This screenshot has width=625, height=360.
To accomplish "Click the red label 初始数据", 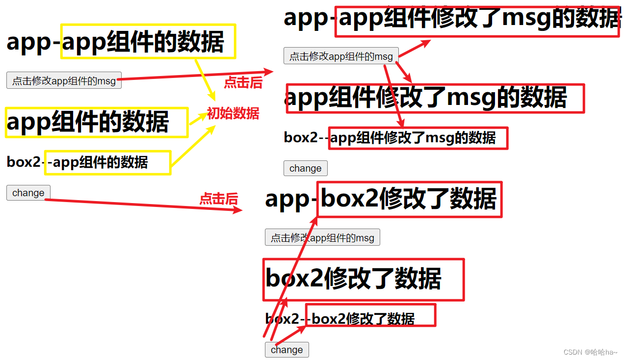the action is click(x=233, y=114).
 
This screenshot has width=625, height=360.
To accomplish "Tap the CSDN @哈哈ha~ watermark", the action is click(x=590, y=352).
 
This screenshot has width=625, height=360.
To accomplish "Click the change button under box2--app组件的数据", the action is click(x=28, y=193).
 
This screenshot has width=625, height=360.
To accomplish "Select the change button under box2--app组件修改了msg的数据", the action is click(x=305, y=168).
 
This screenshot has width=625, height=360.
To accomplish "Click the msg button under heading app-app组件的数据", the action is click(x=64, y=81).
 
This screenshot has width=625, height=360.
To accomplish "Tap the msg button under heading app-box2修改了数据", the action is click(x=322, y=238).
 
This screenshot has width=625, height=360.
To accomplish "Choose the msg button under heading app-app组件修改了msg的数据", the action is click(x=341, y=56).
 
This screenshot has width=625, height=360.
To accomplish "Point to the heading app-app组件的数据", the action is click(x=115, y=42).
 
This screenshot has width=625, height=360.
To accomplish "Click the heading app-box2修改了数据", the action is click(x=381, y=199).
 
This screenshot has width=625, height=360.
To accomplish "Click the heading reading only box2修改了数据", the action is click(x=353, y=279).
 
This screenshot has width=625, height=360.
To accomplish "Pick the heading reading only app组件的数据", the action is click(x=88, y=122).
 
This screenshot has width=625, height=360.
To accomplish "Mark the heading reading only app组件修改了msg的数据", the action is click(x=426, y=98).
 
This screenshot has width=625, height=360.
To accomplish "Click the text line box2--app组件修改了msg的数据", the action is click(x=390, y=138).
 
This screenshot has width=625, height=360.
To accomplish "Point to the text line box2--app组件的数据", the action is click(x=78, y=162).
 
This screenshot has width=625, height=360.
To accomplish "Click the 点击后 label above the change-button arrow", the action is click(x=218, y=199).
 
